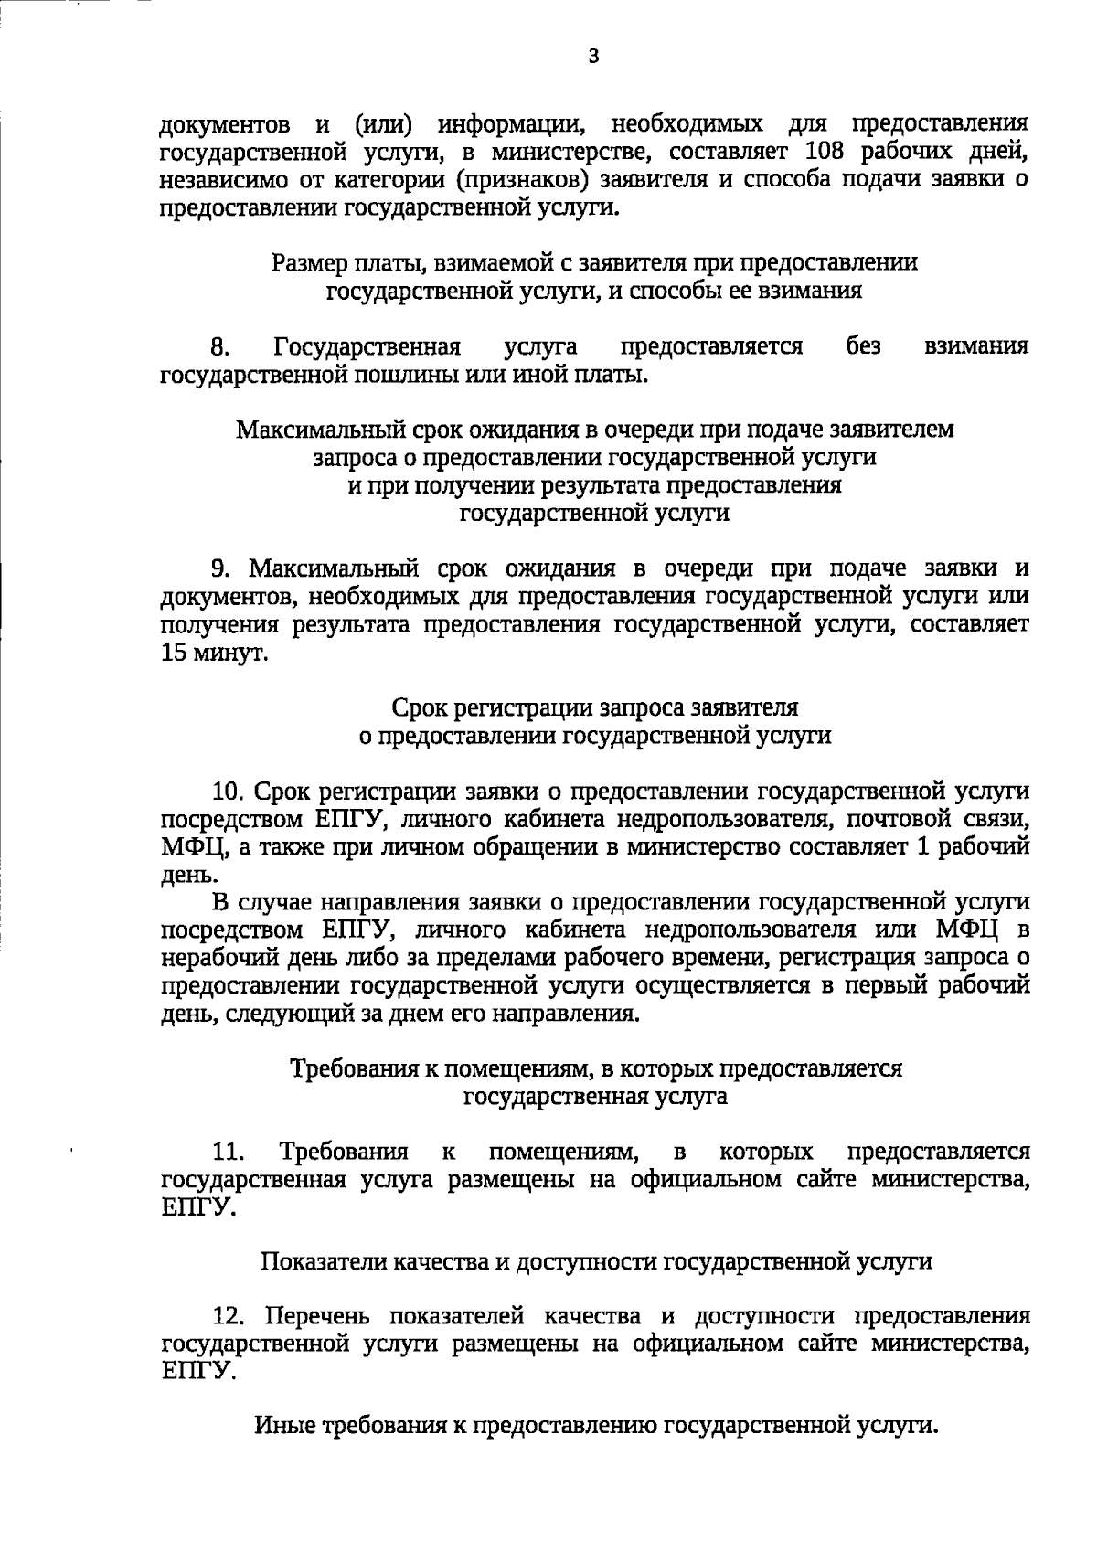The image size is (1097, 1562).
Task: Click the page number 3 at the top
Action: [593, 58]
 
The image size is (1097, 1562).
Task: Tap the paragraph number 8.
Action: [219, 347]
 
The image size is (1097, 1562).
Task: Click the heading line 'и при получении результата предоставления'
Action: [594, 485]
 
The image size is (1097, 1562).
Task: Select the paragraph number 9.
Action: [219, 569]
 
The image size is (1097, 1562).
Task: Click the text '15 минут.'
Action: [214, 654]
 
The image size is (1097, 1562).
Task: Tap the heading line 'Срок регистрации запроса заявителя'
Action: [594, 708]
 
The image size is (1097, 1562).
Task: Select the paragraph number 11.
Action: [226, 1152]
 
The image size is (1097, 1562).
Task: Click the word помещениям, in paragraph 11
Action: [559, 1152]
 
